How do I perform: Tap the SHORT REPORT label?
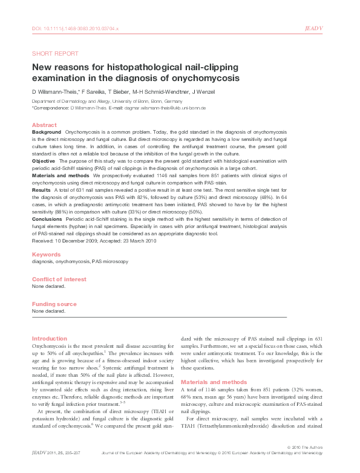54,53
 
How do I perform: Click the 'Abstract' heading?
44,125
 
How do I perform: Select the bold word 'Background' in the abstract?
47,131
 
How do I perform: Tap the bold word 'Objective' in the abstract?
44,161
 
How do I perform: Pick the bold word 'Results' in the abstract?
42,190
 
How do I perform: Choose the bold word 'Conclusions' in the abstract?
47,219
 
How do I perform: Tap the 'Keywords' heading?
46,255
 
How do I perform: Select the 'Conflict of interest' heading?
59,279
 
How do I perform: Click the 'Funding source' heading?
54,304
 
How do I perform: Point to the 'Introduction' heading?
50,338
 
